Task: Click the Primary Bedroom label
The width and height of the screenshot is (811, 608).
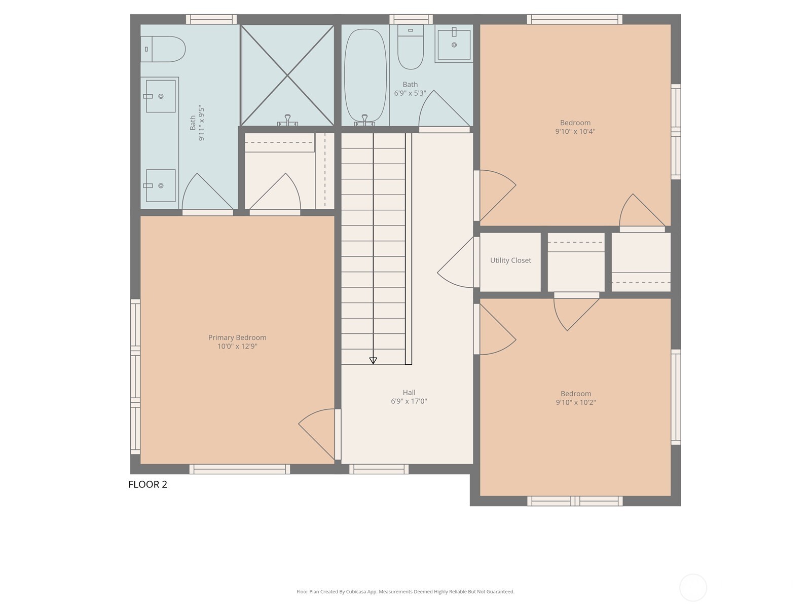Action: coord(237,337)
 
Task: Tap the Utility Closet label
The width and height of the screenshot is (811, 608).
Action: coord(510,260)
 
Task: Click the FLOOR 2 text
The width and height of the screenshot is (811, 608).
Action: coord(148,484)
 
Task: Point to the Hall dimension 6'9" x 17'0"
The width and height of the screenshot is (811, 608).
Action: coord(409,401)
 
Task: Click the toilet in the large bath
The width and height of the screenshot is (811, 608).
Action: coord(164,49)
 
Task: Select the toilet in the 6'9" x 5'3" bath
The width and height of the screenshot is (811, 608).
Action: coord(411,48)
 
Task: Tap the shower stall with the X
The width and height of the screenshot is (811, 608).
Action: coord(287,75)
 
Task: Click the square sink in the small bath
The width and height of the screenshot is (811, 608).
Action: coord(454,45)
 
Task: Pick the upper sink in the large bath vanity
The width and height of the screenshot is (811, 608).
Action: coord(160,96)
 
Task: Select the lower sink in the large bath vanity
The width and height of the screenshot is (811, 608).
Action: coord(160,186)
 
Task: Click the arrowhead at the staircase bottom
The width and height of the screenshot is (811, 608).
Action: coord(373,361)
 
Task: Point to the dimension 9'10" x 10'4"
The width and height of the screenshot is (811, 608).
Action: coord(575,132)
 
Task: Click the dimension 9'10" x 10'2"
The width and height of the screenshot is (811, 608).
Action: coord(575,403)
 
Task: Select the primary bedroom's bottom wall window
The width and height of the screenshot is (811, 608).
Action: coord(239,469)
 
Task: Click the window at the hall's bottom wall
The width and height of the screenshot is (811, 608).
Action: coord(379,469)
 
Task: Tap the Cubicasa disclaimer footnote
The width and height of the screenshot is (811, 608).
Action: coord(405,592)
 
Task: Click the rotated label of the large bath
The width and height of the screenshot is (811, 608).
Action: coord(197,123)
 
